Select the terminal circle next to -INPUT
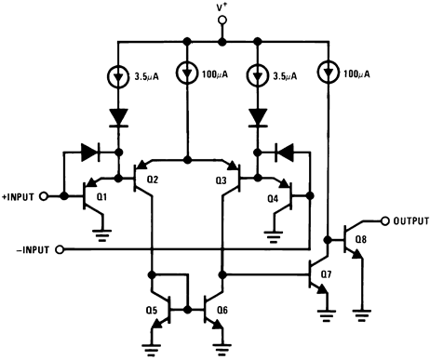pos(61,250)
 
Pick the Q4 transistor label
pos(273,197)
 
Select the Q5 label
pos(152,311)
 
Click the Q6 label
pos(221,311)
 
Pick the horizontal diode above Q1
pos(90,150)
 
